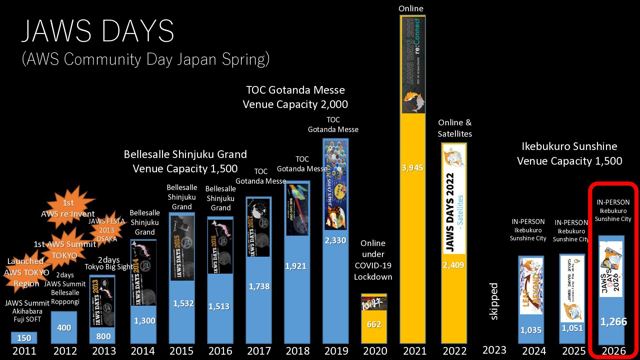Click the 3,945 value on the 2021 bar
point(412,168)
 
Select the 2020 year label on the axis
point(375,351)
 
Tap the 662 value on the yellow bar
point(374,324)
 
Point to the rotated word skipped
point(494,301)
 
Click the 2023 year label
point(494,350)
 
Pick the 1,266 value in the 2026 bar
point(613,322)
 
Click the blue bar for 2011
point(24,338)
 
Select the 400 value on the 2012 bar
point(64,328)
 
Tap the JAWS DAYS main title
point(98,31)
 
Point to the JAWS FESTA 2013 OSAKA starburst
point(107,230)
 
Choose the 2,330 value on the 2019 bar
point(335,240)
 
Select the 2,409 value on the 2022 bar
point(453,265)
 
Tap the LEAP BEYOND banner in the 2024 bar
point(531,286)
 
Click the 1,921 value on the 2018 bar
point(295,266)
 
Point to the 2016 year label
point(220,351)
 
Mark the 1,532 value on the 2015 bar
point(183,303)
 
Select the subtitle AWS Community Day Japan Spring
point(146,59)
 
